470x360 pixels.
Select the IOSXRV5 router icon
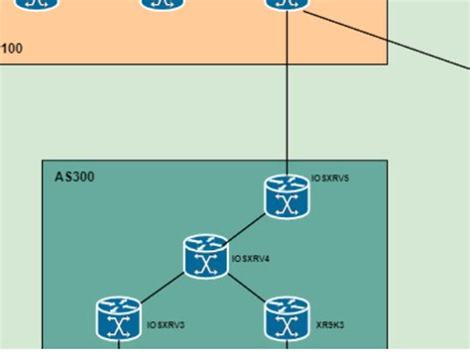[x=287, y=196]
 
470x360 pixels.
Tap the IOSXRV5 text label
[x=330, y=178]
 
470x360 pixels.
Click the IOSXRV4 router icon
[x=206, y=257]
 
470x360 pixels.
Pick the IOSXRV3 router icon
[x=119, y=319]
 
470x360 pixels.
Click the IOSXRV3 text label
[x=166, y=324]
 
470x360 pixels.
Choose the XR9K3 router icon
[x=287, y=319]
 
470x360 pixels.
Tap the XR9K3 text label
[x=330, y=324]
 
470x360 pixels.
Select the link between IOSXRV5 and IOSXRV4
[x=247, y=227]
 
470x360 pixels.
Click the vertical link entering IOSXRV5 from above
[x=287, y=99]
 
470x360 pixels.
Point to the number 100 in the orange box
[x=13, y=48]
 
